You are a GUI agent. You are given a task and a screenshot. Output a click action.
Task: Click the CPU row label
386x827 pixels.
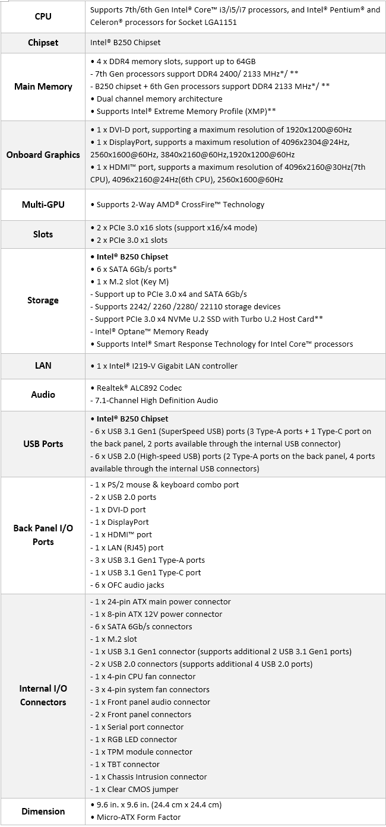(x=43, y=17)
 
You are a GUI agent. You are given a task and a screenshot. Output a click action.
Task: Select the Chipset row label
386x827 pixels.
(x=43, y=42)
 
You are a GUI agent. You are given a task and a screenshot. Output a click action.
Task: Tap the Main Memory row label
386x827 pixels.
(x=43, y=87)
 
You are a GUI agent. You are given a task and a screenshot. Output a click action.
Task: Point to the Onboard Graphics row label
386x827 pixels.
(x=43, y=155)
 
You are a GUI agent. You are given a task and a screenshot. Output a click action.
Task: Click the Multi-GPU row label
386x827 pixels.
(x=43, y=205)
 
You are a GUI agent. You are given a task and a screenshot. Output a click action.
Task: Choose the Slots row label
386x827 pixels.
(x=43, y=234)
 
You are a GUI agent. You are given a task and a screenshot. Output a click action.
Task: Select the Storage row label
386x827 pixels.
(x=43, y=300)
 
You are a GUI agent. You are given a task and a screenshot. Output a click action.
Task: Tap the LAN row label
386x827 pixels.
(x=43, y=366)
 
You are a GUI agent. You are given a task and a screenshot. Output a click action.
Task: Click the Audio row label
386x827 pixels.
(x=43, y=394)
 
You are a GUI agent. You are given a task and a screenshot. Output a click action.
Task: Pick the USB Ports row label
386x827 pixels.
(x=43, y=443)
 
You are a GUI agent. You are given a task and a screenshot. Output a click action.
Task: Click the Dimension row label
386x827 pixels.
(x=43, y=811)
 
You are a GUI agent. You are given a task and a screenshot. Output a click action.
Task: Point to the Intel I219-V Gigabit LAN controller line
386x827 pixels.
(x=166, y=366)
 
